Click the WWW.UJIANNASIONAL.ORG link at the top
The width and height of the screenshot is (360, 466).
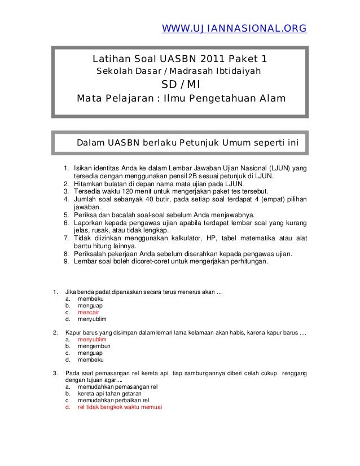tap(234, 28)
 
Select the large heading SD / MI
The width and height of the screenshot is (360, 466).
tap(179, 85)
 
